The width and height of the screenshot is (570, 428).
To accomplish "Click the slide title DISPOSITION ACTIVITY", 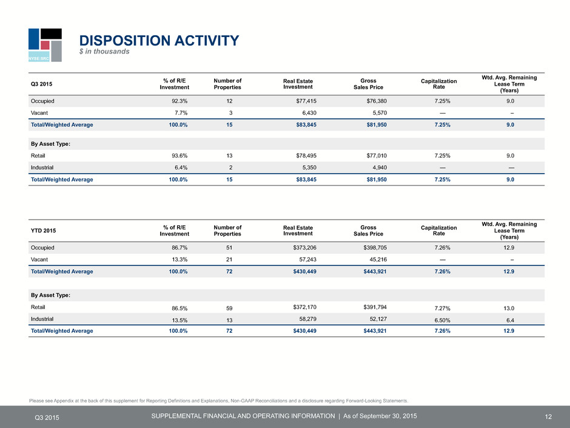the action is [x=159, y=41].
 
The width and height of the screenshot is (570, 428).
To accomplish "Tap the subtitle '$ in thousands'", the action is [x=104, y=52].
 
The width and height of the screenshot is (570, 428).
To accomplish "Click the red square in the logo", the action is [x=45, y=45].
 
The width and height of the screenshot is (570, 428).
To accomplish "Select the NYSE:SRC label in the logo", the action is [x=39, y=58].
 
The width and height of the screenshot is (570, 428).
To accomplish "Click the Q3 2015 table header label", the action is [x=41, y=84].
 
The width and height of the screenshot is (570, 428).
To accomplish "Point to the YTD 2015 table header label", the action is [x=43, y=231].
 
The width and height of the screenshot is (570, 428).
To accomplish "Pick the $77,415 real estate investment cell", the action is [x=306, y=101].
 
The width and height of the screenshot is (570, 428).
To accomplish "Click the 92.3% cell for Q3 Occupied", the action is [x=179, y=101].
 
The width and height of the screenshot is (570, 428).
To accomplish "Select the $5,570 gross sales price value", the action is [x=380, y=113].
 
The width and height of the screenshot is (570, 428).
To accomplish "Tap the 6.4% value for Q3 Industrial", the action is [x=181, y=168].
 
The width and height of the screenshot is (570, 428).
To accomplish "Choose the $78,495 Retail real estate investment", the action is [x=306, y=156].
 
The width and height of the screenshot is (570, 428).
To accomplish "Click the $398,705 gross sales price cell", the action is [x=375, y=248].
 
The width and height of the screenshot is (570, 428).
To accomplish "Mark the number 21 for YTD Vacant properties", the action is [x=229, y=260].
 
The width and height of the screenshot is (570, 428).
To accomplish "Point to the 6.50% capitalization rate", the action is [x=443, y=321].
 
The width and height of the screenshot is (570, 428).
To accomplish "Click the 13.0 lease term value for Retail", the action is [x=509, y=308].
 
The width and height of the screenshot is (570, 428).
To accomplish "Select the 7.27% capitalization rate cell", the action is [x=443, y=308].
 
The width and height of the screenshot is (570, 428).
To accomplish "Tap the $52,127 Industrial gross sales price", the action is [x=378, y=319].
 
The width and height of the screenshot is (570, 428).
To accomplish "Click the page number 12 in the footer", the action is [x=548, y=417].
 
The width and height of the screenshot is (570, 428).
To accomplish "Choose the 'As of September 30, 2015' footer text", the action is [x=380, y=416].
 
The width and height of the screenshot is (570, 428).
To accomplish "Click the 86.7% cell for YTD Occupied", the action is [x=179, y=248].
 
